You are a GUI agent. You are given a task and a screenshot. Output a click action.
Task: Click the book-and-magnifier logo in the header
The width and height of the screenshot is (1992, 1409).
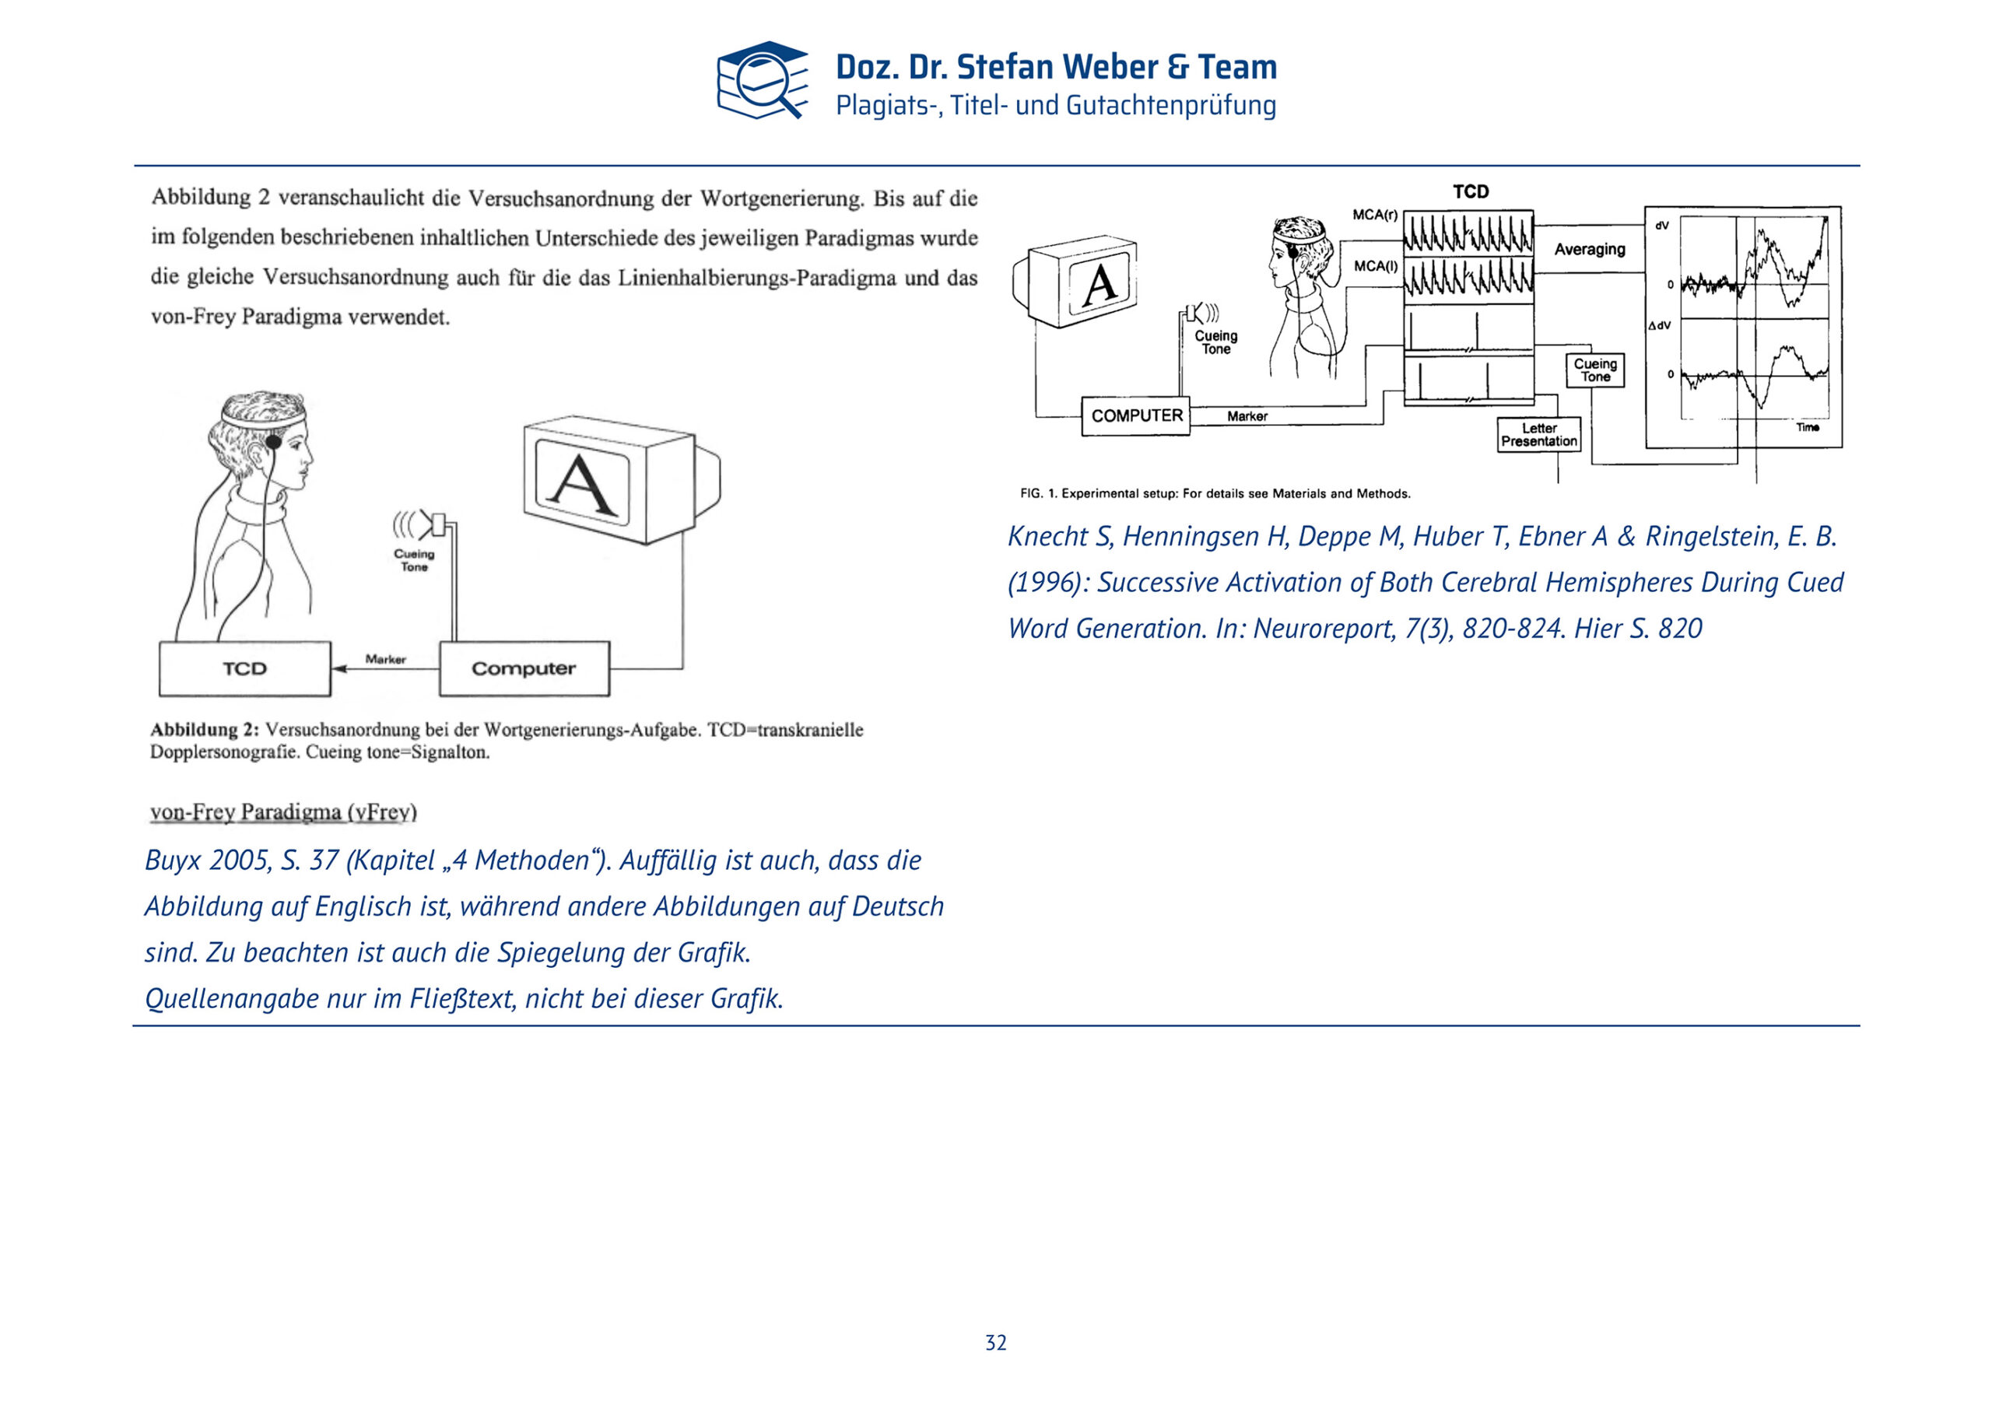coord(761,80)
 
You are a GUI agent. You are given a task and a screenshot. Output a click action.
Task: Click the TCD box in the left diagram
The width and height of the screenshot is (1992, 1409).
coord(244,669)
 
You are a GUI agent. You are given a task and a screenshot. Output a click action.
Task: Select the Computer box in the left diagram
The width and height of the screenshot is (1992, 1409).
coord(524,669)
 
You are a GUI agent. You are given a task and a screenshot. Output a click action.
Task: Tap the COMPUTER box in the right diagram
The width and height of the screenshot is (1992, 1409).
coord(1136,416)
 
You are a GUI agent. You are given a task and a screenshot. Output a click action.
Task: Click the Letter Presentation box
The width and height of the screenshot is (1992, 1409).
coord(1538,435)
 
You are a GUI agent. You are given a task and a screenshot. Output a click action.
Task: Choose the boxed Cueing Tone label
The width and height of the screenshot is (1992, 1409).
coord(1594,370)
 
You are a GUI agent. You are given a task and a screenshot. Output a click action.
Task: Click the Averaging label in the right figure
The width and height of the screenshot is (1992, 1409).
coord(1590,250)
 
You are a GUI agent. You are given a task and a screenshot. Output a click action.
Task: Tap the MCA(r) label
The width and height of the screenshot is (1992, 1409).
coord(1374,216)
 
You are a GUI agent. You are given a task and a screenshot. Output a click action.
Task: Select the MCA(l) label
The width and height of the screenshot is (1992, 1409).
coord(1375,266)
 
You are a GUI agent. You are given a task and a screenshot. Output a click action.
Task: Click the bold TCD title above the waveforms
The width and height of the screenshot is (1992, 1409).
coord(1471,191)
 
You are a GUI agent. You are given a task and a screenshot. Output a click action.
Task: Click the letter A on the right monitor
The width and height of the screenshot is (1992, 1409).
coord(1099,284)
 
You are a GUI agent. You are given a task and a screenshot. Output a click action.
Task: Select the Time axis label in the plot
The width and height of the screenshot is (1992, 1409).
coord(1808,428)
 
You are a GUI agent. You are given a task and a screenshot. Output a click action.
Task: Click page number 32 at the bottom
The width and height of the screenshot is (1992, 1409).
coord(995,1343)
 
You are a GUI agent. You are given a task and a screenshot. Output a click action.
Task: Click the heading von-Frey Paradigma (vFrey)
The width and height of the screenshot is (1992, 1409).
coord(282,813)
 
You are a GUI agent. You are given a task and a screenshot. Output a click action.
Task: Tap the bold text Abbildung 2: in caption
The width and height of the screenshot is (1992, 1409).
coord(204,731)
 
